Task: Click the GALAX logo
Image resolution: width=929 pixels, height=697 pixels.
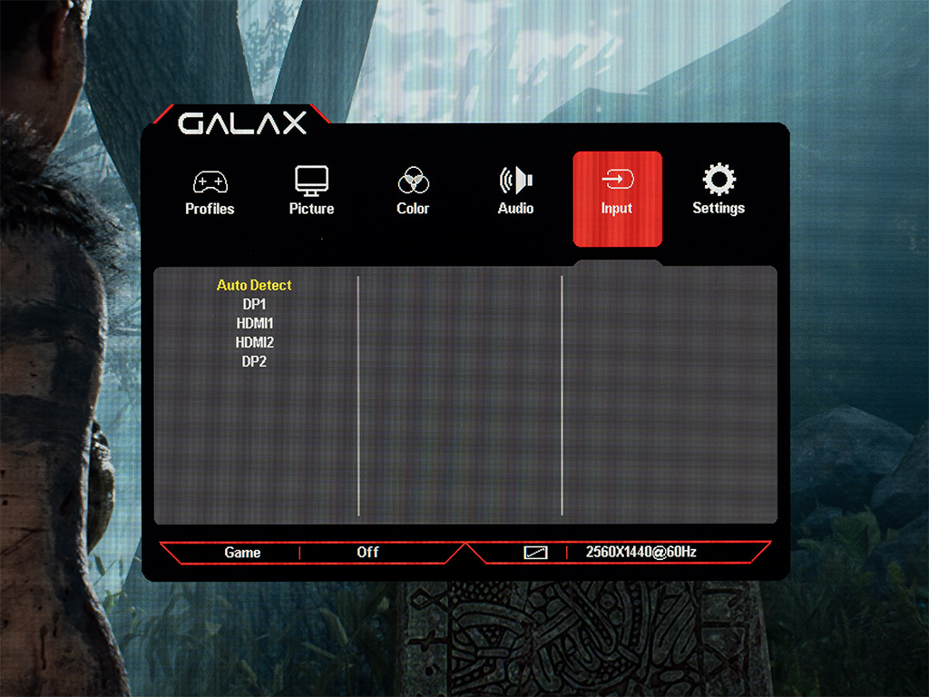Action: [x=242, y=123]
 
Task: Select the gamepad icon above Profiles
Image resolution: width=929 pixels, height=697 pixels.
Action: [x=210, y=182]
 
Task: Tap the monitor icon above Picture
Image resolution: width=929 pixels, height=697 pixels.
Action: [x=312, y=181]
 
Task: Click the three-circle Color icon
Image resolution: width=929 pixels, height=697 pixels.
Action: [x=413, y=180]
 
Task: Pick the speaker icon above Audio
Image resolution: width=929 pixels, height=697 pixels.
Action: [x=515, y=181]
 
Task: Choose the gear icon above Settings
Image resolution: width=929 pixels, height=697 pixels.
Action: [x=719, y=179]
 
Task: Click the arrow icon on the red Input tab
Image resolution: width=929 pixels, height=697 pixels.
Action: [x=617, y=179]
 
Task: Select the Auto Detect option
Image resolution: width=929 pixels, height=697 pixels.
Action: [x=254, y=285]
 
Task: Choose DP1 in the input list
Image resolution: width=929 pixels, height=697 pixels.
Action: [x=254, y=304]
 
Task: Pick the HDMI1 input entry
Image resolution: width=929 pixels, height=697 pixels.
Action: [x=255, y=323]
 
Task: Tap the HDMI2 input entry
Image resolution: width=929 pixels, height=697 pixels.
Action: [x=255, y=342]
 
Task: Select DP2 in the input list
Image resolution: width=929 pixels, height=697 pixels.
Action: [x=254, y=361]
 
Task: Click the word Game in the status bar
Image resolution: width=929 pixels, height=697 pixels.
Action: [x=242, y=553]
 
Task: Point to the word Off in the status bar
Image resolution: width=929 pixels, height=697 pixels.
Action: [x=367, y=552]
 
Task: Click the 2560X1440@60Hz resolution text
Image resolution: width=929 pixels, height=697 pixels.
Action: [x=641, y=552]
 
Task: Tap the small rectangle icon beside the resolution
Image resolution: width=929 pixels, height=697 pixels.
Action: [x=535, y=553]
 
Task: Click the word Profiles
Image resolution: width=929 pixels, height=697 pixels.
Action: [x=210, y=209]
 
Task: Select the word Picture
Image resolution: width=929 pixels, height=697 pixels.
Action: [x=312, y=209]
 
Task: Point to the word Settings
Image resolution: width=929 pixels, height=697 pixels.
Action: [x=719, y=208]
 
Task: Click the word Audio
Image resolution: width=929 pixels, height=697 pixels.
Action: [x=515, y=208]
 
